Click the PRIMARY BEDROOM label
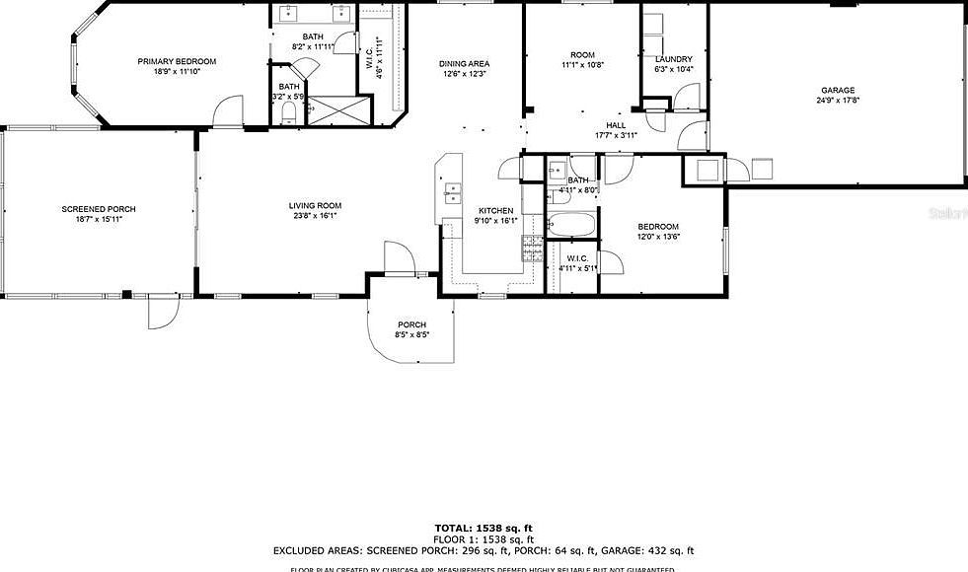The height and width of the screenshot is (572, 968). click(177, 61)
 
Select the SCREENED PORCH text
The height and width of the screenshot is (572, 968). click(99, 209)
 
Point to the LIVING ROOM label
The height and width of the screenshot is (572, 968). click(315, 206)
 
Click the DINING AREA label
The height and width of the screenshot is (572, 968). click(464, 64)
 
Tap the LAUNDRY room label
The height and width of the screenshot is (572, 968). click(674, 59)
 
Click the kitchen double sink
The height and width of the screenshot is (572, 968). click(454, 192)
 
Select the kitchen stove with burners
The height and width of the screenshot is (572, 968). click(533, 247)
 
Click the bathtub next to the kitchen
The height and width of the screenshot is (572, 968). click(570, 225)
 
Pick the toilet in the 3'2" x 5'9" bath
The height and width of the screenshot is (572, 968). click(287, 115)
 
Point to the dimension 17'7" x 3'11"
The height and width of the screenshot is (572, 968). click(616, 135)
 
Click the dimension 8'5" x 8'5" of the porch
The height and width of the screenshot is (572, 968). click(411, 335)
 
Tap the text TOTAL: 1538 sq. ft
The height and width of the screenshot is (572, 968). click(484, 528)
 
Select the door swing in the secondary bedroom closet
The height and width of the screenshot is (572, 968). click(609, 263)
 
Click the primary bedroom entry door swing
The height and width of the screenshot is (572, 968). click(229, 110)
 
